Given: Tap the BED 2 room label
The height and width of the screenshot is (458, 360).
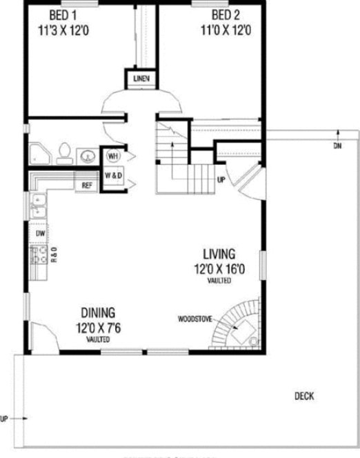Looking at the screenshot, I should tap(225, 15).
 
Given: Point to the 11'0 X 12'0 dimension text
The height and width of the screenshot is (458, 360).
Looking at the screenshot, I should tap(225, 30).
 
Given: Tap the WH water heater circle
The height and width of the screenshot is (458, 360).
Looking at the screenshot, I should tap(112, 156).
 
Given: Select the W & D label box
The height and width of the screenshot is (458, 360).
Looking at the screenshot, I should tap(113, 175).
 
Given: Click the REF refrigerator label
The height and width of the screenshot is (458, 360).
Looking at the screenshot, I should tap(87, 185).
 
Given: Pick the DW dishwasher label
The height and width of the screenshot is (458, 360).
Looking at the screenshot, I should tap(40, 234).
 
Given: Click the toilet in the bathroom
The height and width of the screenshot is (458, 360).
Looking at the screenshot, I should tap(66, 151).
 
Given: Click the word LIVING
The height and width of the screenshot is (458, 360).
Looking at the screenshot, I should tap(219, 253).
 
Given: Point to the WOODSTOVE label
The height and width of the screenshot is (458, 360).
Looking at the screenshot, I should tap(194, 319).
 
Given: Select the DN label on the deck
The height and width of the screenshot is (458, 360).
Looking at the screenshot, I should tap(337, 146).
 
